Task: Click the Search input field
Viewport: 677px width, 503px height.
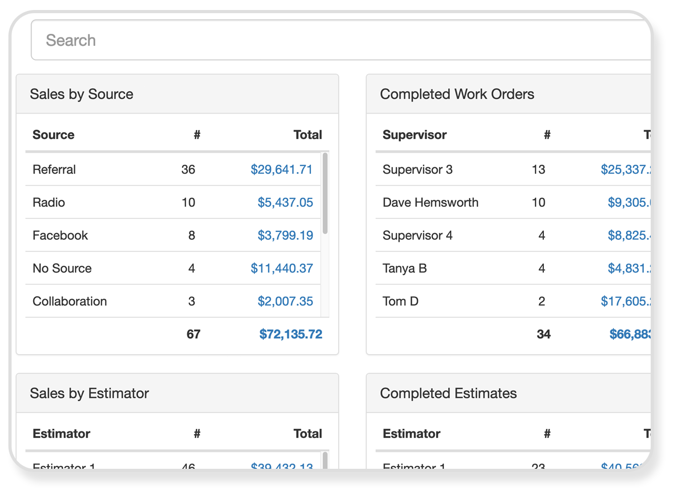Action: pos(337,40)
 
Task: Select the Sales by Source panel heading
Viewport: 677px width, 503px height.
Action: pos(82,94)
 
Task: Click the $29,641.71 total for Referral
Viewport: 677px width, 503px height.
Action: pos(281,169)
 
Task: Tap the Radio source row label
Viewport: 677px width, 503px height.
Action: pos(49,203)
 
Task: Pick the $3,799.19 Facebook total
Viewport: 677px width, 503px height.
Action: pos(285,235)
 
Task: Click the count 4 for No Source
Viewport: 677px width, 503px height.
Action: pos(191,268)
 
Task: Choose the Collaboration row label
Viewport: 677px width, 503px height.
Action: pos(69,301)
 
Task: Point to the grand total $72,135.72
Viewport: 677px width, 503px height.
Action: pos(290,334)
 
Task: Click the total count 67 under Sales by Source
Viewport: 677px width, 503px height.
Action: pos(193,334)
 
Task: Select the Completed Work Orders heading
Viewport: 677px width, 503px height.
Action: pos(457,94)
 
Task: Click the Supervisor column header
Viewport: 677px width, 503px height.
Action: pos(415,135)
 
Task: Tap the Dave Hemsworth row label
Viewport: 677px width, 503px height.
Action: pos(430,203)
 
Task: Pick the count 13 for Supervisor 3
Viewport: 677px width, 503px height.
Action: pos(538,169)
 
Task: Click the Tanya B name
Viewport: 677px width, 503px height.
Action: pos(405,268)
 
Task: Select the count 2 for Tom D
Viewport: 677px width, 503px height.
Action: pos(541,301)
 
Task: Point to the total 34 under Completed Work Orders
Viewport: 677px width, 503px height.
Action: pos(543,334)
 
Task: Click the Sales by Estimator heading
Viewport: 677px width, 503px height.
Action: pos(89,393)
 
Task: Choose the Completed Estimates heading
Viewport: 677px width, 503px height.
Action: pos(448,393)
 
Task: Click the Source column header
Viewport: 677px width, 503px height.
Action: pos(54,135)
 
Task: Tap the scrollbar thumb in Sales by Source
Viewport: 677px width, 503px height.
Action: pos(325,193)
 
